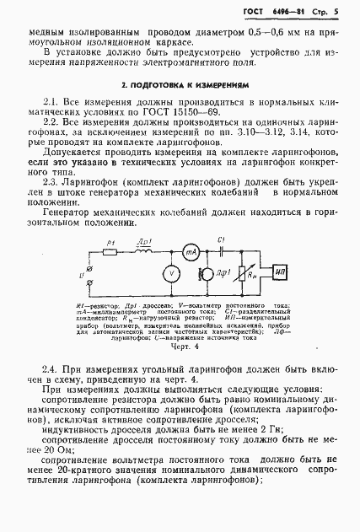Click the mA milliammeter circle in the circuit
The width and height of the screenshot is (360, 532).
[x=191, y=254]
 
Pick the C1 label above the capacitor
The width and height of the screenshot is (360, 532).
[x=222, y=240]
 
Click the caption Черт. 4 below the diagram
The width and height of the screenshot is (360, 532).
[x=182, y=346]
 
